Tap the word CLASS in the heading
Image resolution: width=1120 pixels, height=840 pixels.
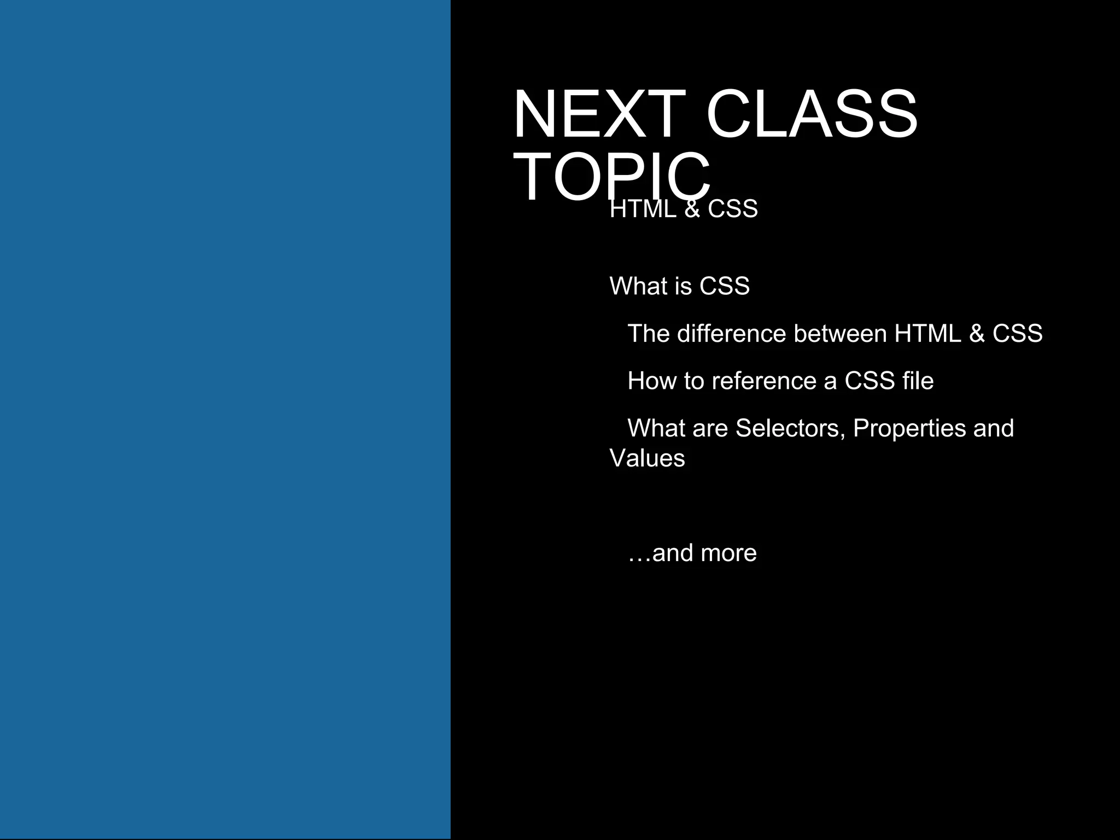click(812, 115)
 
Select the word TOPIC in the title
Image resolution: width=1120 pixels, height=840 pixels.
click(611, 177)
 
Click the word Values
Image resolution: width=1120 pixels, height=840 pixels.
click(647, 458)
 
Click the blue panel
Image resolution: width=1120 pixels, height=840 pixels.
click(225, 419)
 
